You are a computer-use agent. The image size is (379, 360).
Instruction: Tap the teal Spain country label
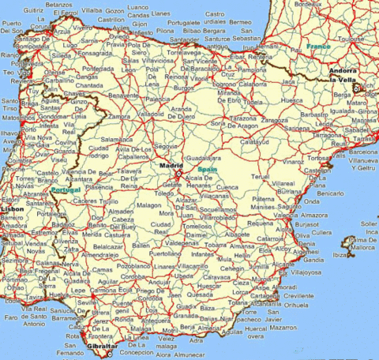[208, 170]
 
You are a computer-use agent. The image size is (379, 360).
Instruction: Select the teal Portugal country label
[65, 190]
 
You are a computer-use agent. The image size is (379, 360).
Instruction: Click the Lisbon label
[13, 208]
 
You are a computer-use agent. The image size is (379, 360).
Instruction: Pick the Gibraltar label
[101, 346]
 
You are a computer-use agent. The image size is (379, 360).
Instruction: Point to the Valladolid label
[150, 113]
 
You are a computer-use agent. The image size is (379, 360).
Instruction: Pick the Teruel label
[261, 177]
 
